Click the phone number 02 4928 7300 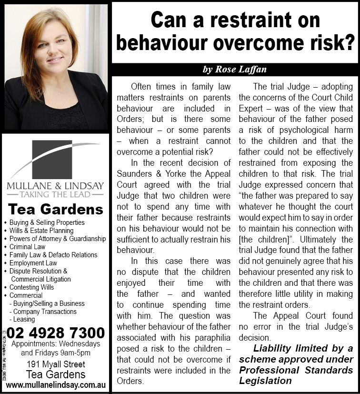56,332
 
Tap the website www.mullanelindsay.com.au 56,384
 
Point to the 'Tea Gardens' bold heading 56,210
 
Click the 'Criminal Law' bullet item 28,247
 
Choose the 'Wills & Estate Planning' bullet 41,231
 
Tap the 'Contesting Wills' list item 32,287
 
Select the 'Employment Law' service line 33,263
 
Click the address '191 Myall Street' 56,364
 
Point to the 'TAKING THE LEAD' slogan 56,194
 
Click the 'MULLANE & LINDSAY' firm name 56,185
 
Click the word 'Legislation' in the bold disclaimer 266,381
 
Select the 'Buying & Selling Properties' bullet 47,222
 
